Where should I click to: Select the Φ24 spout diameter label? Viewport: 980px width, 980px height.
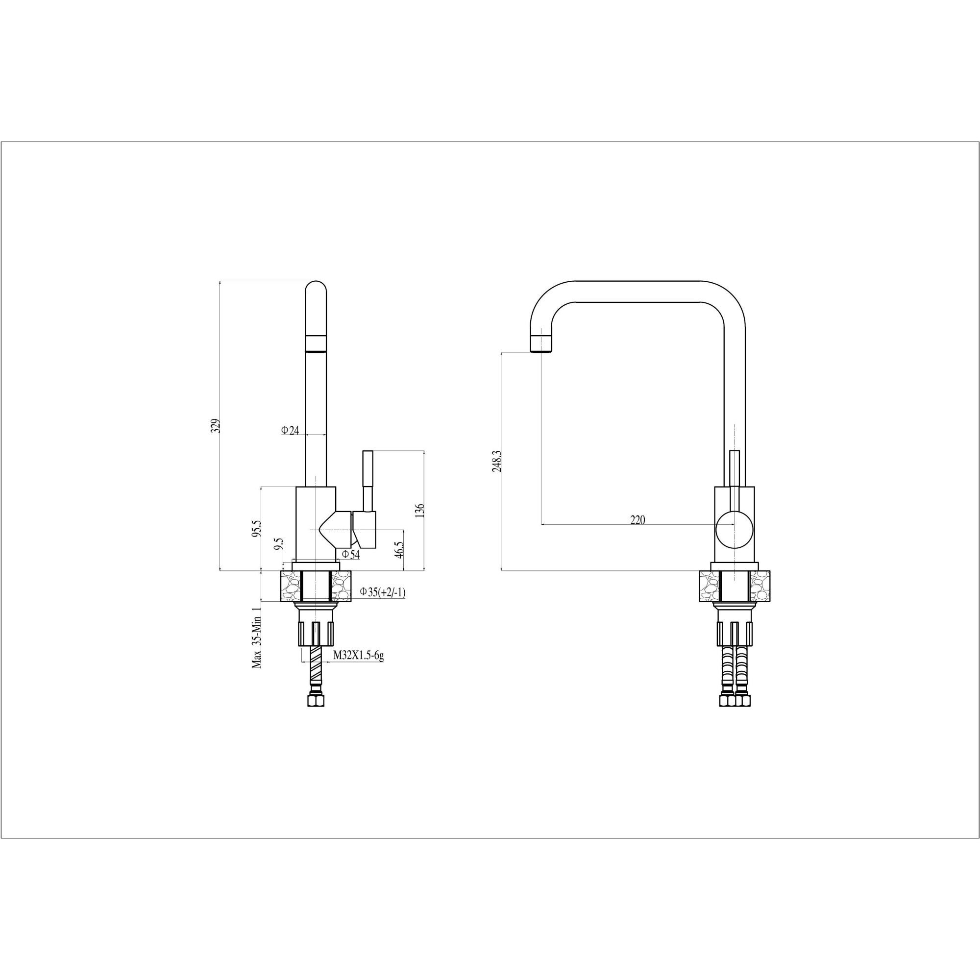coord(290,430)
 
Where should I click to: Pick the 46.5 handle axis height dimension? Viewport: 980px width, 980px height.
coord(399,549)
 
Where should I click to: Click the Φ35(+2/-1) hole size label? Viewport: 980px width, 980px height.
coord(383,591)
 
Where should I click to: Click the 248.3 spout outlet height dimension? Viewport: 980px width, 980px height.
coord(496,461)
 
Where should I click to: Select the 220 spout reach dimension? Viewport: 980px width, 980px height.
coord(637,520)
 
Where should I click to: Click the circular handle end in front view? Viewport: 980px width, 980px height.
coord(734,530)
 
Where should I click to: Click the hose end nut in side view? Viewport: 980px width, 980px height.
coord(316,701)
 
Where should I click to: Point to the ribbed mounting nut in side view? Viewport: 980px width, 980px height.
coord(316,632)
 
